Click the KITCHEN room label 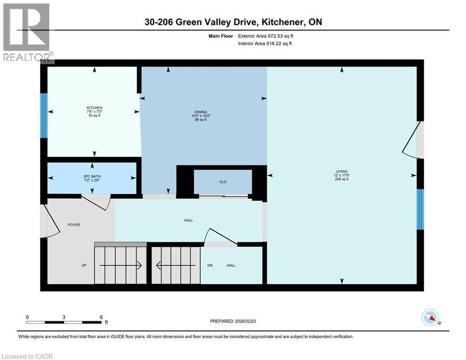pyautogui.click(x=95, y=108)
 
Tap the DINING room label pyautogui.click(x=201, y=112)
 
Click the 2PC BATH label pyautogui.click(x=92, y=176)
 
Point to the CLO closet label pyautogui.click(x=222, y=182)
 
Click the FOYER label pyautogui.click(x=74, y=225)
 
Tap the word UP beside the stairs pyautogui.click(x=84, y=265)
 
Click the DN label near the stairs pyautogui.click(x=210, y=265)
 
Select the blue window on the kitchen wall pyautogui.click(x=44, y=116)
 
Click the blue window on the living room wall pyautogui.click(x=420, y=209)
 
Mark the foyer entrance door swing pyautogui.click(x=50, y=221)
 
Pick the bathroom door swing pyautogui.click(x=97, y=202)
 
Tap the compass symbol pyautogui.click(x=430, y=317)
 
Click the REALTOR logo pyautogui.click(x=26, y=32)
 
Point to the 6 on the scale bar pyautogui.click(x=101, y=317)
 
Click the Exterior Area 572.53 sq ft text pyautogui.click(x=266, y=35)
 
